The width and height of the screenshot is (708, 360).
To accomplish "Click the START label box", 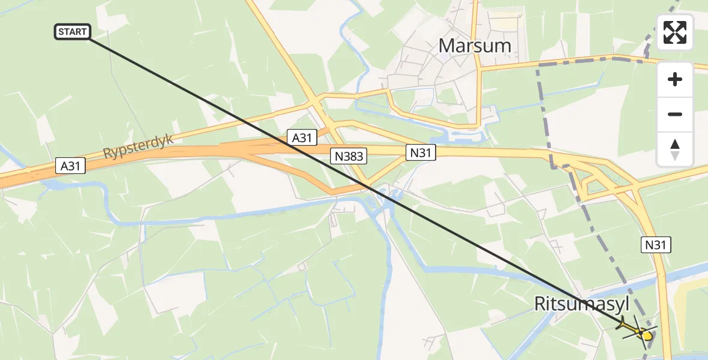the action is click(x=73, y=32).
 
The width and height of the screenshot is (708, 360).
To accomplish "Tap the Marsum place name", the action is click(x=475, y=46).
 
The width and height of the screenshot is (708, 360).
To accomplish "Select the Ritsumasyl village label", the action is click(x=581, y=304).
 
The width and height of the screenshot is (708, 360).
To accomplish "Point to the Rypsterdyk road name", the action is click(x=138, y=146).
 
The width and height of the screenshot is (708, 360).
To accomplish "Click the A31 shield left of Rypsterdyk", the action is click(x=71, y=166).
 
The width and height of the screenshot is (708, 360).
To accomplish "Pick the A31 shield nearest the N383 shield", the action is click(x=301, y=137).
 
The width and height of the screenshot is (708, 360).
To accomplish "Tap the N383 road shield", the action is click(x=347, y=157).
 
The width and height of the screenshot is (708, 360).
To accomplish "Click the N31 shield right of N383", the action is click(x=421, y=153).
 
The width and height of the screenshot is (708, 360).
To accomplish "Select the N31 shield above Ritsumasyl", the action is click(x=658, y=244).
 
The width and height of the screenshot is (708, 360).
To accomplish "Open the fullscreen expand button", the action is click(x=675, y=32).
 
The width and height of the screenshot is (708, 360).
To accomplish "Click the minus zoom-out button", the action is click(x=675, y=114).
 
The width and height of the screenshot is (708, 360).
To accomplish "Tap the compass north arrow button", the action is click(x=675, y=149).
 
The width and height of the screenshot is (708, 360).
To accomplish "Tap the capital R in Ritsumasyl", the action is click(x=540, y=304).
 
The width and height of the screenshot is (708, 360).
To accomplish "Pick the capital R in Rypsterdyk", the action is click(x=107, y=155).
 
